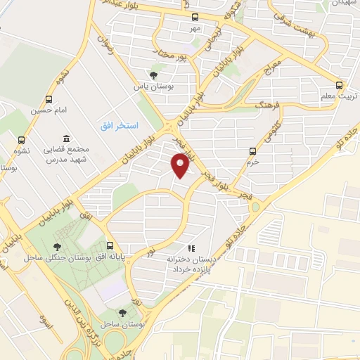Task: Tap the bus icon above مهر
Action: click(x=195, y=18)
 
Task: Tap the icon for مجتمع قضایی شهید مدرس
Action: click(x=66, y=138)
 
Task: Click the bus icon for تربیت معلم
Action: click(x=339, y=83)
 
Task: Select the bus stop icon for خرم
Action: click(x=253, y=150)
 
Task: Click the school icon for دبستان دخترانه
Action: click(x=190, y=247)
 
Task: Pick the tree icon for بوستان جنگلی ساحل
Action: click(x=57, y=246)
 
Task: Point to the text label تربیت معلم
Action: click(x=340, y=95)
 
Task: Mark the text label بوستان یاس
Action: click(x=153, y=86)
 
